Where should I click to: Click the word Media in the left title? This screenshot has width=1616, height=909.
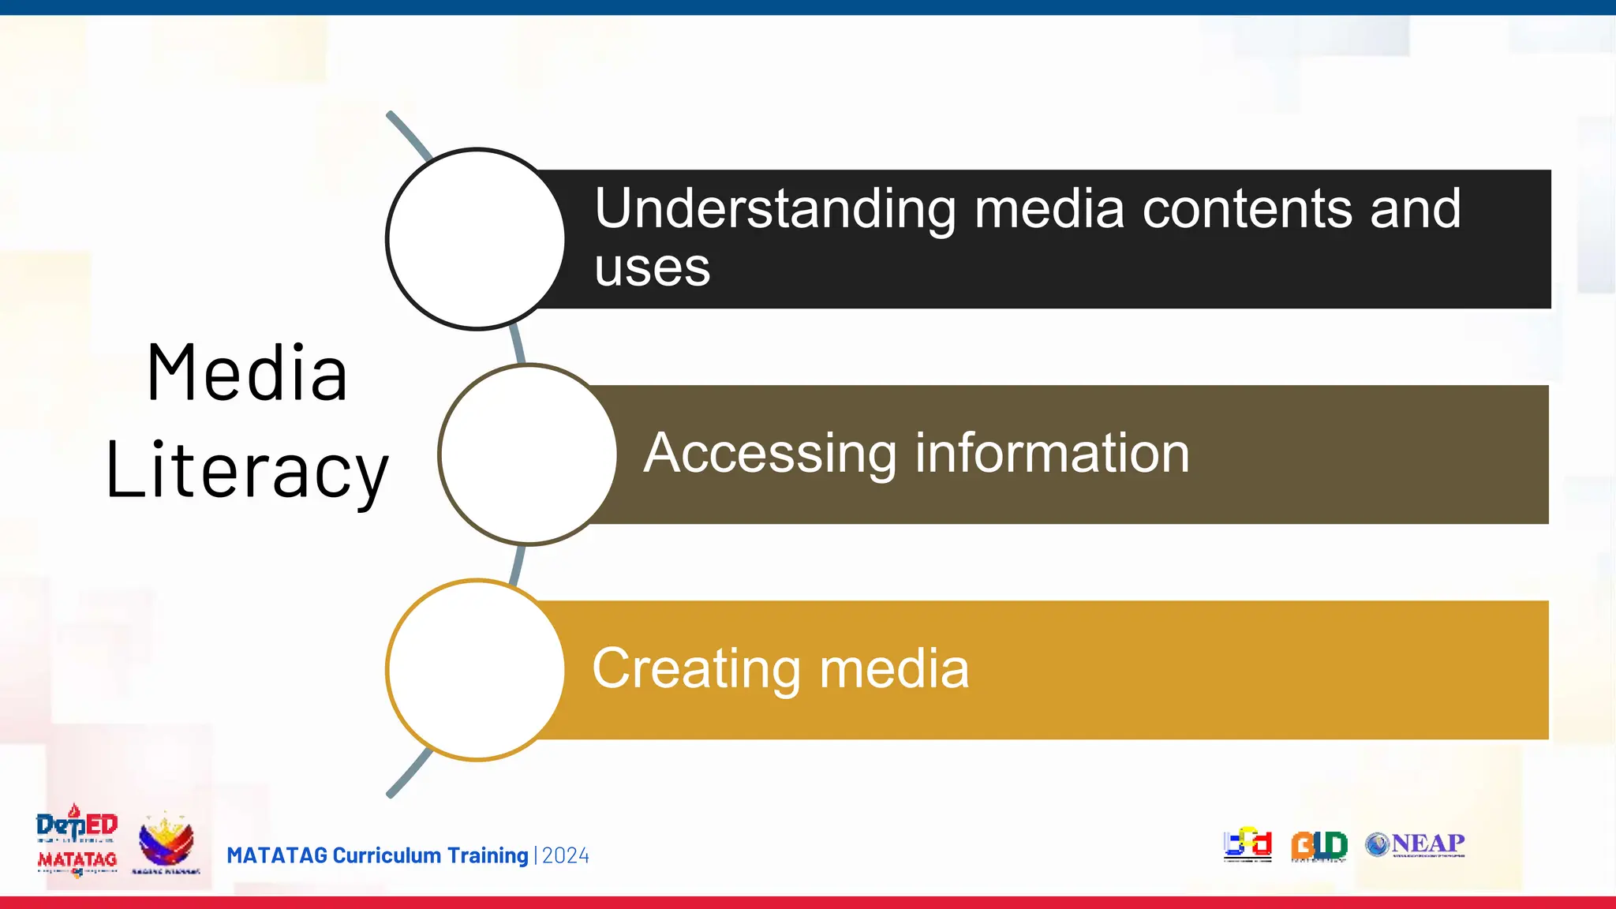click(247, 373)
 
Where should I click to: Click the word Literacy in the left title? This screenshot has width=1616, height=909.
click(247, 471)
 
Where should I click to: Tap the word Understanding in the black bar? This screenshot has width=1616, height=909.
click(775, 209)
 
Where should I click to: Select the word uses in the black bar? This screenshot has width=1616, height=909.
click(652, 268)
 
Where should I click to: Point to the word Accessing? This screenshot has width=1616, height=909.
click(769, 454)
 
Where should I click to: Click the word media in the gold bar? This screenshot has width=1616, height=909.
click(894, 669)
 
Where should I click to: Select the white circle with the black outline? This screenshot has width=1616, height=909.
click(476, 239)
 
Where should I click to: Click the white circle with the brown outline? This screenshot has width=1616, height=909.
click(528, 454)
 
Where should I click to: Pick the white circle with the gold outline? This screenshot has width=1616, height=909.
click(476, 670)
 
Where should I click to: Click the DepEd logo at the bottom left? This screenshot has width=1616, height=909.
click(77, 825)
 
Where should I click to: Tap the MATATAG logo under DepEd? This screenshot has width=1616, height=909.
click(77, 860)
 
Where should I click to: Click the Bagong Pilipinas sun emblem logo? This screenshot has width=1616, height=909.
click(166, 843)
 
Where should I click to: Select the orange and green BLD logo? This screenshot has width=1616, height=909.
click(1319, 846)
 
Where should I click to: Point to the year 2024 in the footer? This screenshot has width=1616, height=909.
click(566, 855)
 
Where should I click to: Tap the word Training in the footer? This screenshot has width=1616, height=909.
click(488, 855)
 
